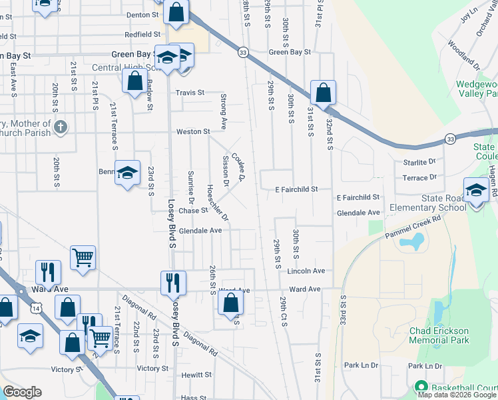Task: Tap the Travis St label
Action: tap(190, 93)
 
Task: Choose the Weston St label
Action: tap(193, 131)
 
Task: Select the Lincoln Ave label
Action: tap(306, 271)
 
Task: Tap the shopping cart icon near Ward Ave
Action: tap(83, 257)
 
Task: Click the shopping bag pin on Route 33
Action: tap(323, 92)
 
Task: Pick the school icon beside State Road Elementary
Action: tap(476, 190)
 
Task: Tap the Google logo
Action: tap(23, 392)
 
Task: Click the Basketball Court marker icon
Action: tap(421, 387)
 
